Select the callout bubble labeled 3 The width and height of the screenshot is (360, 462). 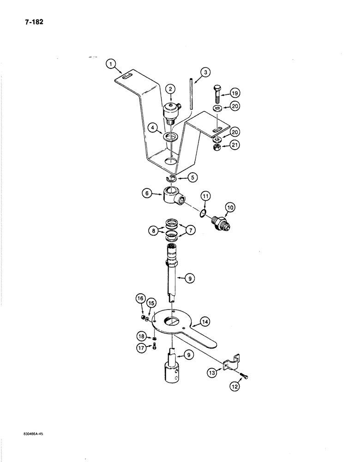[x=205, y=72]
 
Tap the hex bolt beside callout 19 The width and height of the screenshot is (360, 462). [x=217, y=95]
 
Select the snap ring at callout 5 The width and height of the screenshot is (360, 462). [x=172, y=178]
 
